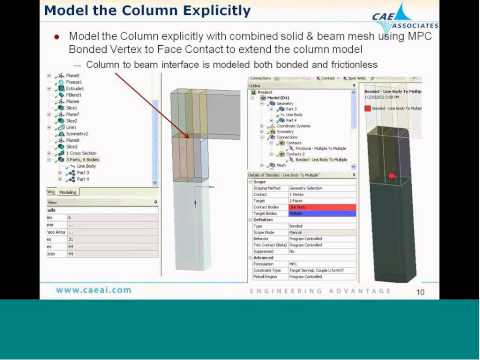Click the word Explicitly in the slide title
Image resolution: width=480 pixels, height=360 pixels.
click(x=206, y=13)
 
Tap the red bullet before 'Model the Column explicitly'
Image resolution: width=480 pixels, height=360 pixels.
click(x=58, y=36)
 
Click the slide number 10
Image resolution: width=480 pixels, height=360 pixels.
click(x=420, y=291)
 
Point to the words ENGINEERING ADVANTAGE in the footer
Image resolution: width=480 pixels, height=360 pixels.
click(x=300, y=291)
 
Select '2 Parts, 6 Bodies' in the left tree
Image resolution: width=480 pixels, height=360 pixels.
click(x=79, y=160)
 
